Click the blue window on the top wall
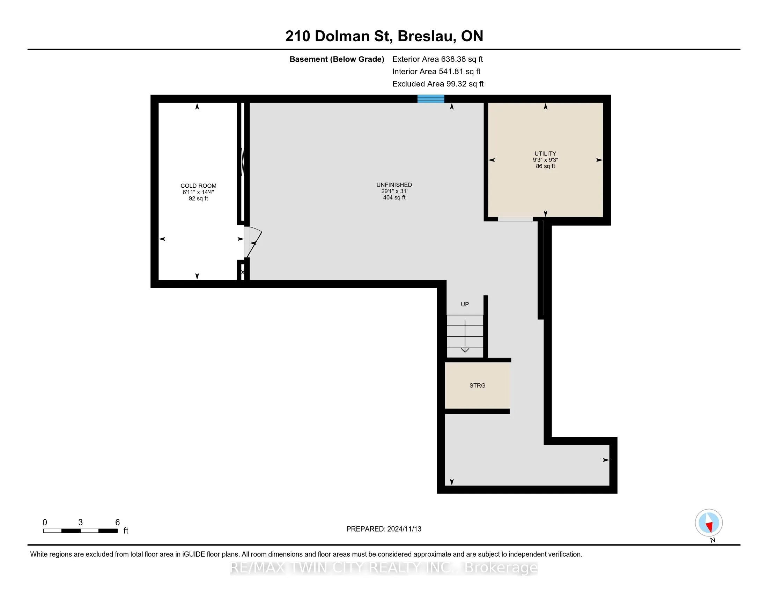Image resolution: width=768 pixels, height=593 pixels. coord(431,99)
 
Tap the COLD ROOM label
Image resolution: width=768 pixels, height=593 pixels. coord(198,186)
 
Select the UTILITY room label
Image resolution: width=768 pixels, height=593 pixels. coord(545,153)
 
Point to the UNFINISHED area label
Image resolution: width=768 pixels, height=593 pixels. coord(394,185)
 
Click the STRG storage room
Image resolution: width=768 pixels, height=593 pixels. coord(477,385)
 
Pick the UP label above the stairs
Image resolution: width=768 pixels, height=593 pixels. coord(465,304)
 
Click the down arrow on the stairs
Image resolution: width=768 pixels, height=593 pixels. coord(465,337)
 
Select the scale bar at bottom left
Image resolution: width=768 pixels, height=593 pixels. coord(81,531)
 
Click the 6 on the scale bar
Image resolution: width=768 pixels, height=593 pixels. coord(117,523)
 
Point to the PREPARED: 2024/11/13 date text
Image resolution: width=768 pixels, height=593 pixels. coord(384,529)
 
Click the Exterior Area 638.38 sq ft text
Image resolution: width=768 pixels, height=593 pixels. coord(438,59)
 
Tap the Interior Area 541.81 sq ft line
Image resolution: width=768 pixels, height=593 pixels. coord(436,71)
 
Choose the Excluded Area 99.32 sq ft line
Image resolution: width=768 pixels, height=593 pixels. coord(438,84)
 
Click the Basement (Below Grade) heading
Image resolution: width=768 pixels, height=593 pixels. coord(337,59)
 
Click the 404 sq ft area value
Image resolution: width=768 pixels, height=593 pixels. coord(394,197)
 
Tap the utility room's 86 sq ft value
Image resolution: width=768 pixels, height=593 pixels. coord(545,166)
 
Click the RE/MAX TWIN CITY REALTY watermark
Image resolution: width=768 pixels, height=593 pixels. coord(384,568)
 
